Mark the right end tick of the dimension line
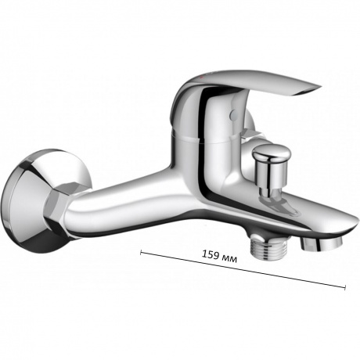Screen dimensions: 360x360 (x=344, y=286)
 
